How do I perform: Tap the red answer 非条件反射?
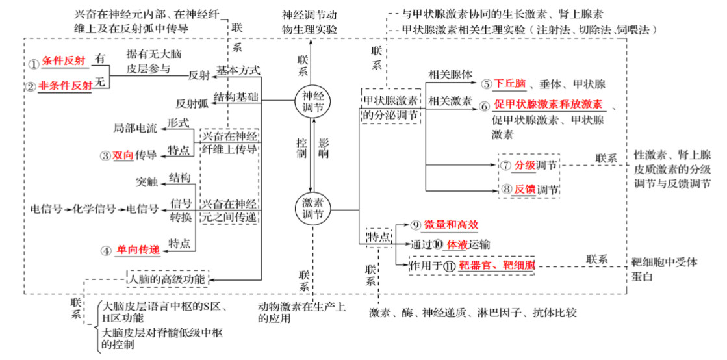pyautogui.click(x=65, y=85)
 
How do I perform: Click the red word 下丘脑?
pyautogui.click(x=509, y=84)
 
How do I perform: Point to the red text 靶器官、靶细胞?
pyautogui.click(x=496, y=265)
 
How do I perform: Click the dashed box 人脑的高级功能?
pyautogui.click(x=168, y=278)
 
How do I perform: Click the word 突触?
pyautogui.click(x=147, y=183)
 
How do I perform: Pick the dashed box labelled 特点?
pyautogui.click(x=379, y=237)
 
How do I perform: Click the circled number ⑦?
pyautogui.click(x=506, y=165)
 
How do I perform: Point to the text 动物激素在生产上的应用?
pyautogui.click(x=301, y=312)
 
